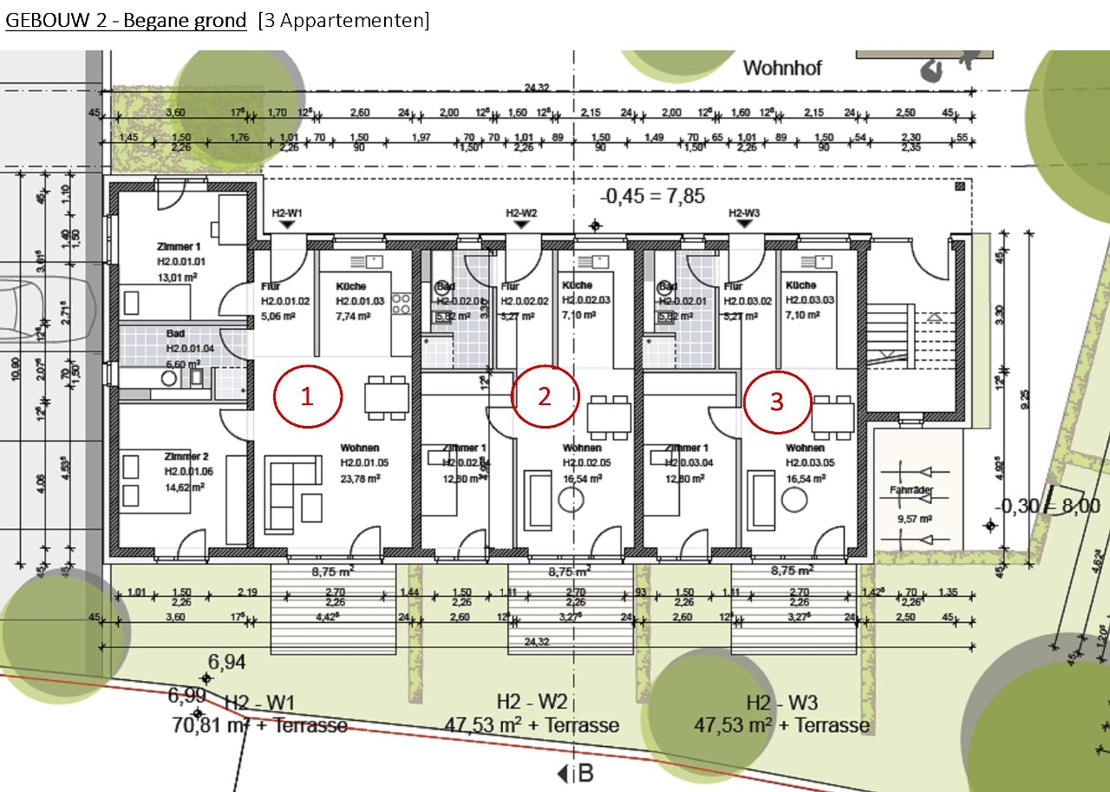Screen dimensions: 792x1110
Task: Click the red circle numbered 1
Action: [x=308, y=396]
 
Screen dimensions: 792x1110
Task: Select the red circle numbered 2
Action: [x=545, y=396]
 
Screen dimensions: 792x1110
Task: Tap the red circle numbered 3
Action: [x=777, y=402]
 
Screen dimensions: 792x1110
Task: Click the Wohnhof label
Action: [x=782, y=68]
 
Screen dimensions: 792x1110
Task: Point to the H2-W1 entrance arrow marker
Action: [x=287, y=225]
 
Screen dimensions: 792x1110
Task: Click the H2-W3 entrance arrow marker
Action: [x=744, y=225]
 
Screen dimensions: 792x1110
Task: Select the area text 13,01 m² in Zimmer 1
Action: [x=178, y=278]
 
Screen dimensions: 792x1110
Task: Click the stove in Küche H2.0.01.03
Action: [x=401, y=302]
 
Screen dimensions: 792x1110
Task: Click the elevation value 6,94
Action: [x=227, y=663]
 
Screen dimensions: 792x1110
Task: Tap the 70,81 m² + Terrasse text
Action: [x=260, y=724]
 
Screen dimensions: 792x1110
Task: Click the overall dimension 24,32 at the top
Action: [x=538, y=88]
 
